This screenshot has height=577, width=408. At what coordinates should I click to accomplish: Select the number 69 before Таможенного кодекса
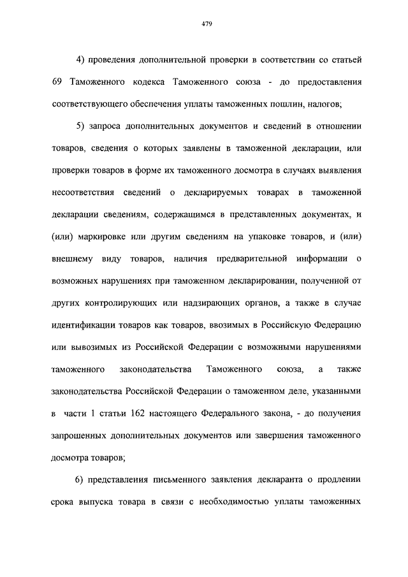click(x=57, y=82)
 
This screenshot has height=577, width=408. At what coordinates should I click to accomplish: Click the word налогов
click(x=322, y=103)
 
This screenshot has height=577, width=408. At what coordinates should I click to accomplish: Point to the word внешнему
click(x=71, y=258)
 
